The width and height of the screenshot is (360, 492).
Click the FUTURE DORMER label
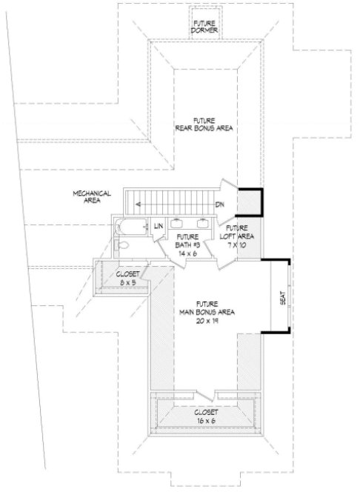(x=204, y=26)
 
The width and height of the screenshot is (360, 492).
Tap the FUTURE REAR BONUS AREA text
(x=204, y=124)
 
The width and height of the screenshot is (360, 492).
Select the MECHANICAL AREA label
(x=92, y=196)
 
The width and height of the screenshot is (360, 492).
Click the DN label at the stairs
(x=220, y=204)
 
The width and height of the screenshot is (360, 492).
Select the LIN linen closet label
(x=158, y=226)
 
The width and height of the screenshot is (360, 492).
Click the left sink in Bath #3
(x=179, y=222)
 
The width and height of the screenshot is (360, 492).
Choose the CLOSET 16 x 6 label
(x=205, y=416)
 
